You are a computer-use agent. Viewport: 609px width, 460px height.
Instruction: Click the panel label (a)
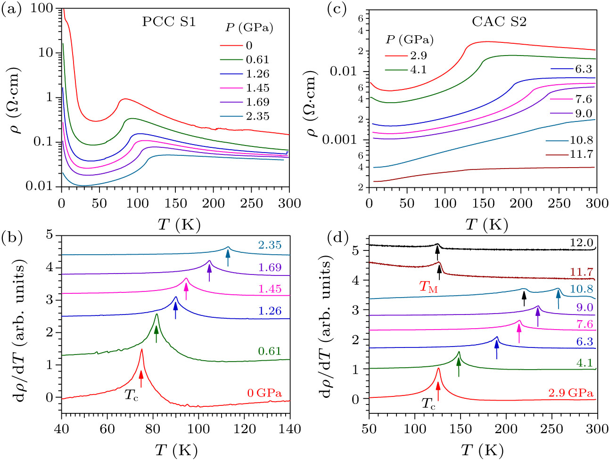pos(12,10)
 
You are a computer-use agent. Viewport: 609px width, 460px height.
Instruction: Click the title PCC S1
pos(169,22)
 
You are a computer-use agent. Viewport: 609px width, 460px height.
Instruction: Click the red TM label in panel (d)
pos(428,286)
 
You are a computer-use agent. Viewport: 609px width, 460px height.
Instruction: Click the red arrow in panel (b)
pos(141,379)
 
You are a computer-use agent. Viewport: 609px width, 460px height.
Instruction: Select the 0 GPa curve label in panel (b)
pos(264,393)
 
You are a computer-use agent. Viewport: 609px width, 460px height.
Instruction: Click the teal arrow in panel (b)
pos(228,258)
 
